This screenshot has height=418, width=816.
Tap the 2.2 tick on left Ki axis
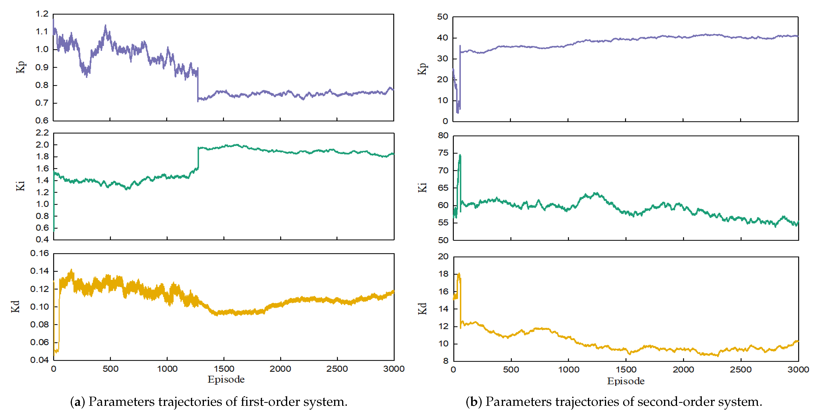(x=42, y=133)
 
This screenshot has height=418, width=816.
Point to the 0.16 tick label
(x=40, y=253)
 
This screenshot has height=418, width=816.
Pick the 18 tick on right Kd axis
(x=443, y=274)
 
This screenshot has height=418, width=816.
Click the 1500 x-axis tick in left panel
(x=224, y=369)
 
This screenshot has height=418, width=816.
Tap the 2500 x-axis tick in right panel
(x=740, y=369)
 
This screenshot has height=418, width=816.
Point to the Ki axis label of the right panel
(x=422, y=187)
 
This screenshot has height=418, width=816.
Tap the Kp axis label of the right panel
(x=422, y=68)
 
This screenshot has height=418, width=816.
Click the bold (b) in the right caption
(x=474, y=402)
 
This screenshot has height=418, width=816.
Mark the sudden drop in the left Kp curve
(x=198, y=84)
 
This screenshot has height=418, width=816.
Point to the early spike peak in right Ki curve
(x=460, y=155)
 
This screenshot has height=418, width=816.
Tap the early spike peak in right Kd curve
(x=459, y=274)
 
